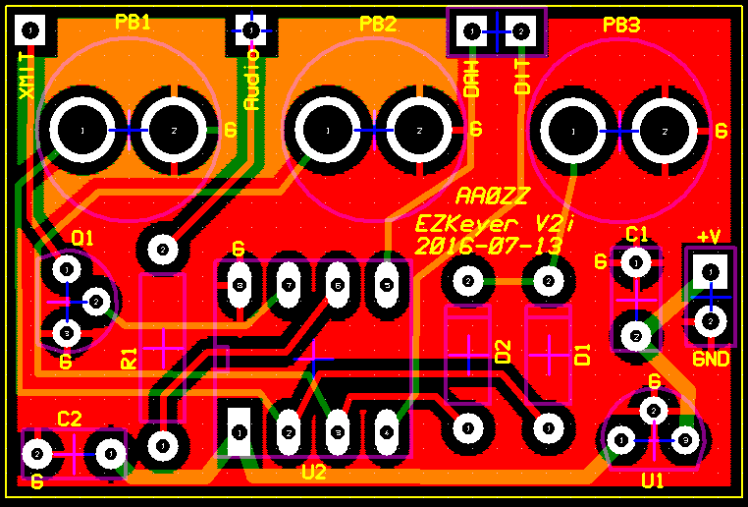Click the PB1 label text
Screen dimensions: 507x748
(x=133, y=22)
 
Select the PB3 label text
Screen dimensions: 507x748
(x=621, y=25)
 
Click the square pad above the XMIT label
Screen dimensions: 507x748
(x=32, y=31)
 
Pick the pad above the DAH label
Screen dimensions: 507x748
(x=472, y=32)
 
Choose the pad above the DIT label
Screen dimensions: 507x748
(x=522, y=32)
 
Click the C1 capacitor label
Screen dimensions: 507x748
(x=637, y=233)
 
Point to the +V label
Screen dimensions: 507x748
(x=709, y=236)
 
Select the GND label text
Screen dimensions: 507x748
(x=711, y=359)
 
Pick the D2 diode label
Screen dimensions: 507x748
(x=504, y=351)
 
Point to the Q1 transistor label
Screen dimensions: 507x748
(x=82, y=237)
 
